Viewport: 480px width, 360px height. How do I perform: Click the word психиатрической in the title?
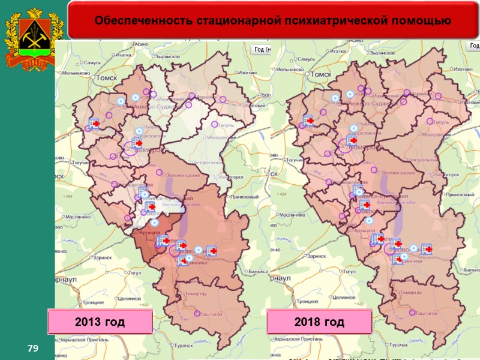323,21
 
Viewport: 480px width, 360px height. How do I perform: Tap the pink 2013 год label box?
100,322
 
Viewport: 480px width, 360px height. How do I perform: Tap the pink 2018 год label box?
319,322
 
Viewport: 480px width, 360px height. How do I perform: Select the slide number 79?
29,349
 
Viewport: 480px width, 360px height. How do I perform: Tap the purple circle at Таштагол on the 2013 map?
196,313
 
